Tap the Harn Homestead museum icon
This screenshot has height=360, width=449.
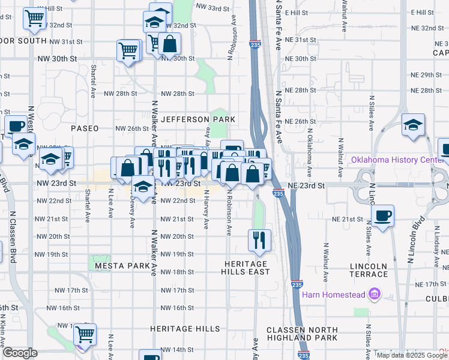[376, 294]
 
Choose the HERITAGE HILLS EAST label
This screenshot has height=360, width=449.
[246, 268]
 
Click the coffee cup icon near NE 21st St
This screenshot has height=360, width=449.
[382, 215]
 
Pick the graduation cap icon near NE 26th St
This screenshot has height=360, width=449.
[413, 125]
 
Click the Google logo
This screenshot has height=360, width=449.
[20, 353]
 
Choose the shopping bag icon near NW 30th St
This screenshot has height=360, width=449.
[170, 44]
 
